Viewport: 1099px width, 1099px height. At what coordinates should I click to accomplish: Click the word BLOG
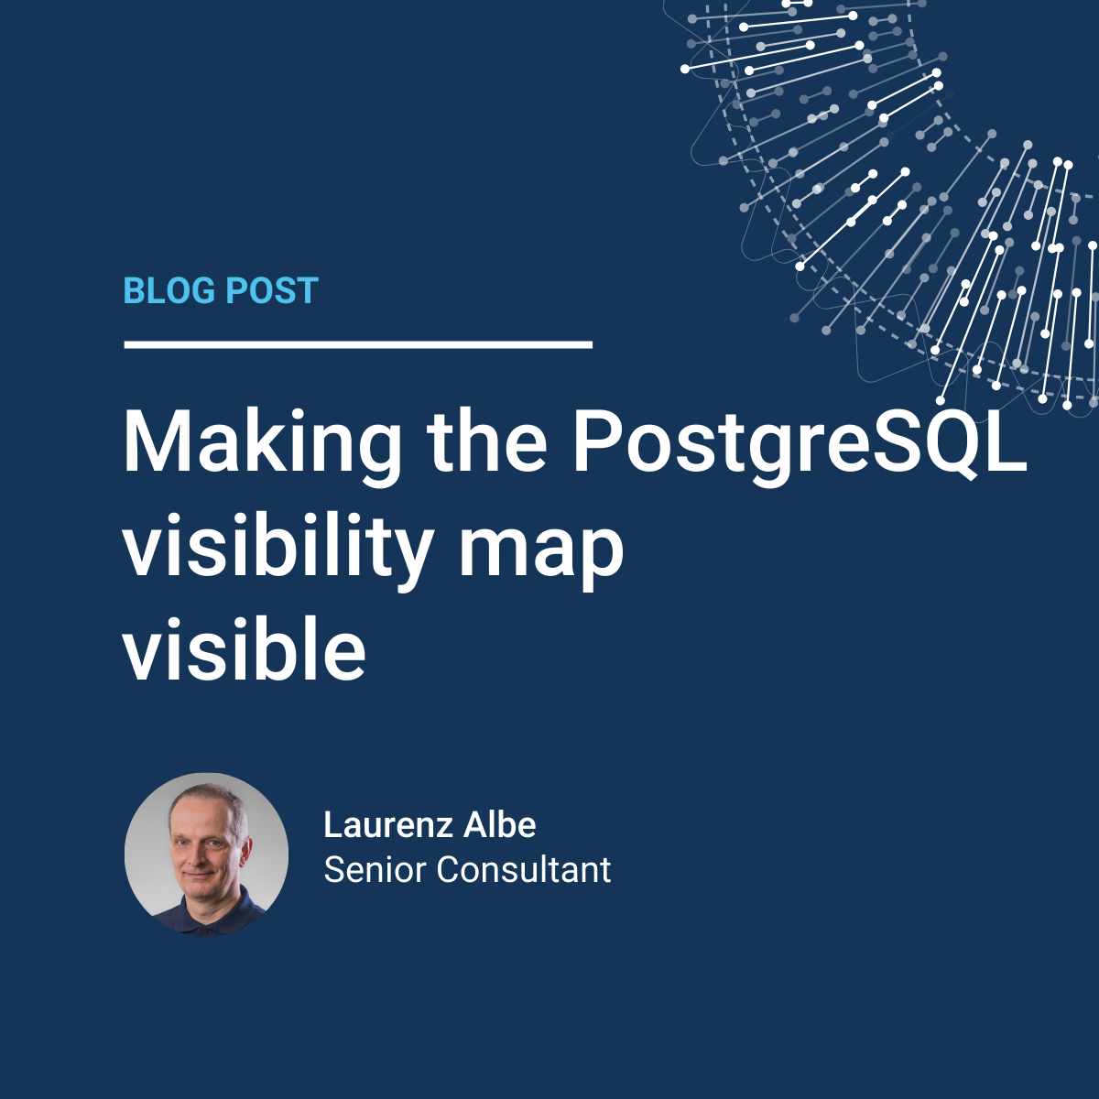[169, 290]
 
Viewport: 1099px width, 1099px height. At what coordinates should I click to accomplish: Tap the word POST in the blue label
[272, 290]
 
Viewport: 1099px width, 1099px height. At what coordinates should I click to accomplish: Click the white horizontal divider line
[358, 344]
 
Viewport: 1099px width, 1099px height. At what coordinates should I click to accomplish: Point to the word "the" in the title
[486, 441]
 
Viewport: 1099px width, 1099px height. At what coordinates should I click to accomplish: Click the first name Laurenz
[387, 824]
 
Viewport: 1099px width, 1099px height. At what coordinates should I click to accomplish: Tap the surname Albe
[500, 824]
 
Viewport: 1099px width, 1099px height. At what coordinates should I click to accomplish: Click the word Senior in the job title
[375, 870]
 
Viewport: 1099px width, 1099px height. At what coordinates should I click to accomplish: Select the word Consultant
[524, 870]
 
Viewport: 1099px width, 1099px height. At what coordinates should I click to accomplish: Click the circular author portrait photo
[206, 854]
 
